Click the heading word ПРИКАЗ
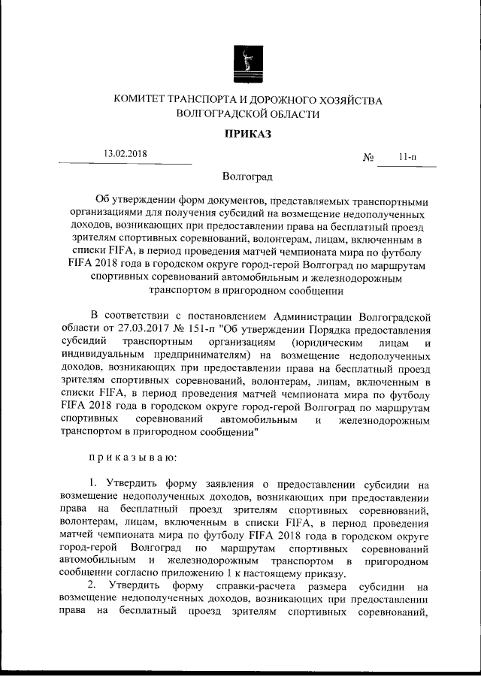pyautogui.click(x=247, y=134)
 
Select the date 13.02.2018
pyautogui.click(x=126, y=154)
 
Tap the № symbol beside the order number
pyautogui.click(x=369, y=158)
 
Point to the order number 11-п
pyautogui.click(x=408, y=158)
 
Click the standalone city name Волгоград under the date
pyautogui.click(x=247, y=177)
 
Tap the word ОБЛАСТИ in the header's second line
pyautogui.click(x=289, y=115)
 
